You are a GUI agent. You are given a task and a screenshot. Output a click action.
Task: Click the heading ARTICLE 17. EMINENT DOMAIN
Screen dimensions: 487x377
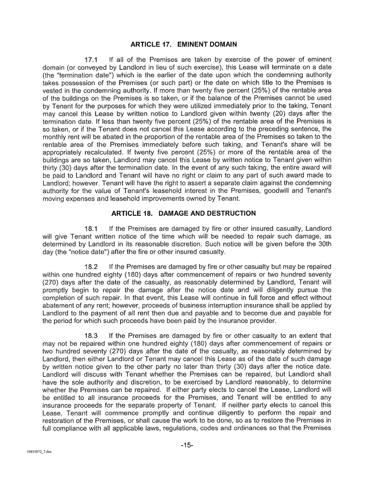coord(183,45)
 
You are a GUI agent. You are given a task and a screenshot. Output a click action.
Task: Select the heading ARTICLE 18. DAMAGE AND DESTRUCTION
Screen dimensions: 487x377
coord(183,213)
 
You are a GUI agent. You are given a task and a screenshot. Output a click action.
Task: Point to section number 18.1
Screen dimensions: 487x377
coord(93,229)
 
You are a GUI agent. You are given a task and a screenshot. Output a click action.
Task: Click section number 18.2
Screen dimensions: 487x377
coord(93,266)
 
